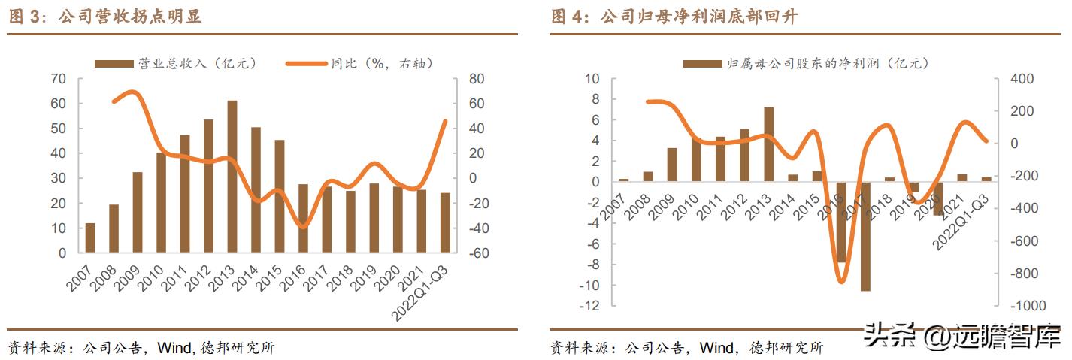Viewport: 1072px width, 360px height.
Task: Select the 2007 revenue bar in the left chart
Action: coord(90,237)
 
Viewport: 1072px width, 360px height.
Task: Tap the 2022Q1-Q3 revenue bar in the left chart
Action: coord(445,222)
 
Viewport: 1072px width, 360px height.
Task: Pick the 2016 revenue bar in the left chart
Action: coord(303,218)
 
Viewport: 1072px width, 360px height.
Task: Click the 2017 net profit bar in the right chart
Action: coord(865,236)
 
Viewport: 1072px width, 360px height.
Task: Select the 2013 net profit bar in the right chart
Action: coord(768,144)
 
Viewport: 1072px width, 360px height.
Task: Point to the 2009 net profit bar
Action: coord(672,165)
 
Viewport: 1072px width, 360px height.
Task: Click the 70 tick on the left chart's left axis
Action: coord(59,79)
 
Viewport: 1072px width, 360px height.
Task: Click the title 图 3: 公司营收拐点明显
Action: coord(105,17)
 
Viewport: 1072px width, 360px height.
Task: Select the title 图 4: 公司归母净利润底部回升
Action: coord(674,17)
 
